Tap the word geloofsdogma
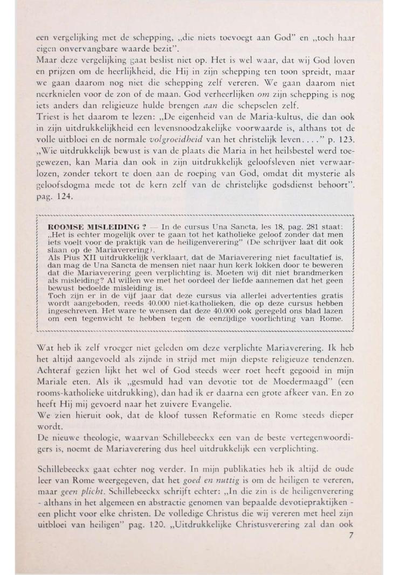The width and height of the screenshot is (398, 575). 62,186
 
